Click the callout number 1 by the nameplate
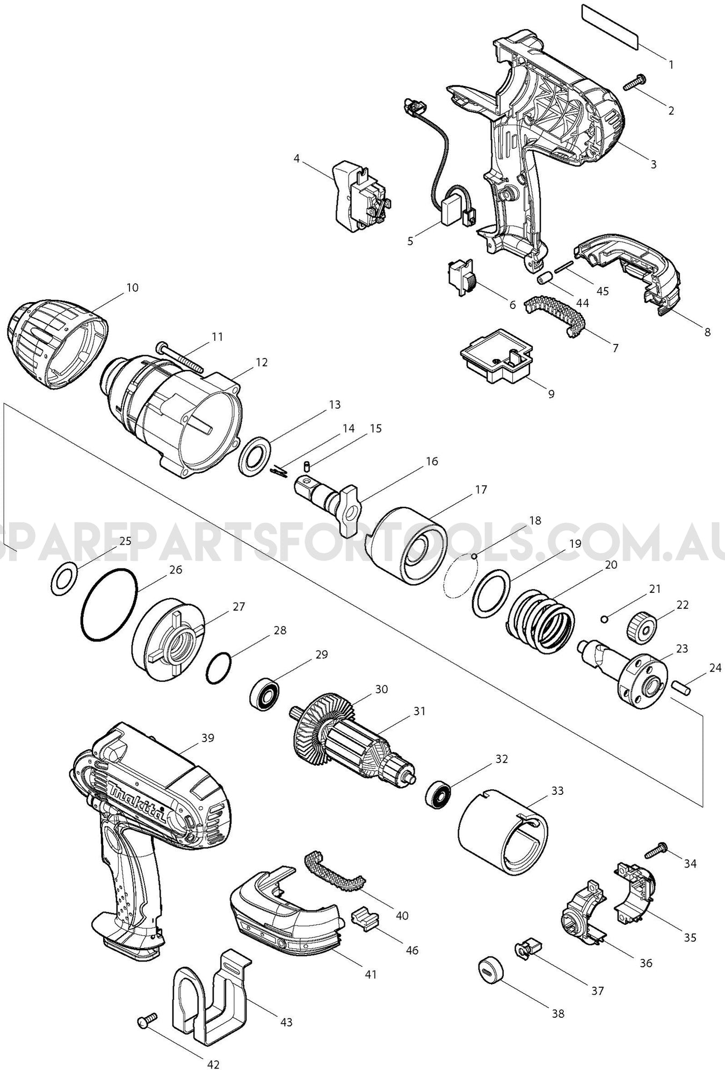click(671, 64)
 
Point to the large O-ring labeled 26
click(111, 605)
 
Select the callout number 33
click(557, 791)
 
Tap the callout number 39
click(207, 738)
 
